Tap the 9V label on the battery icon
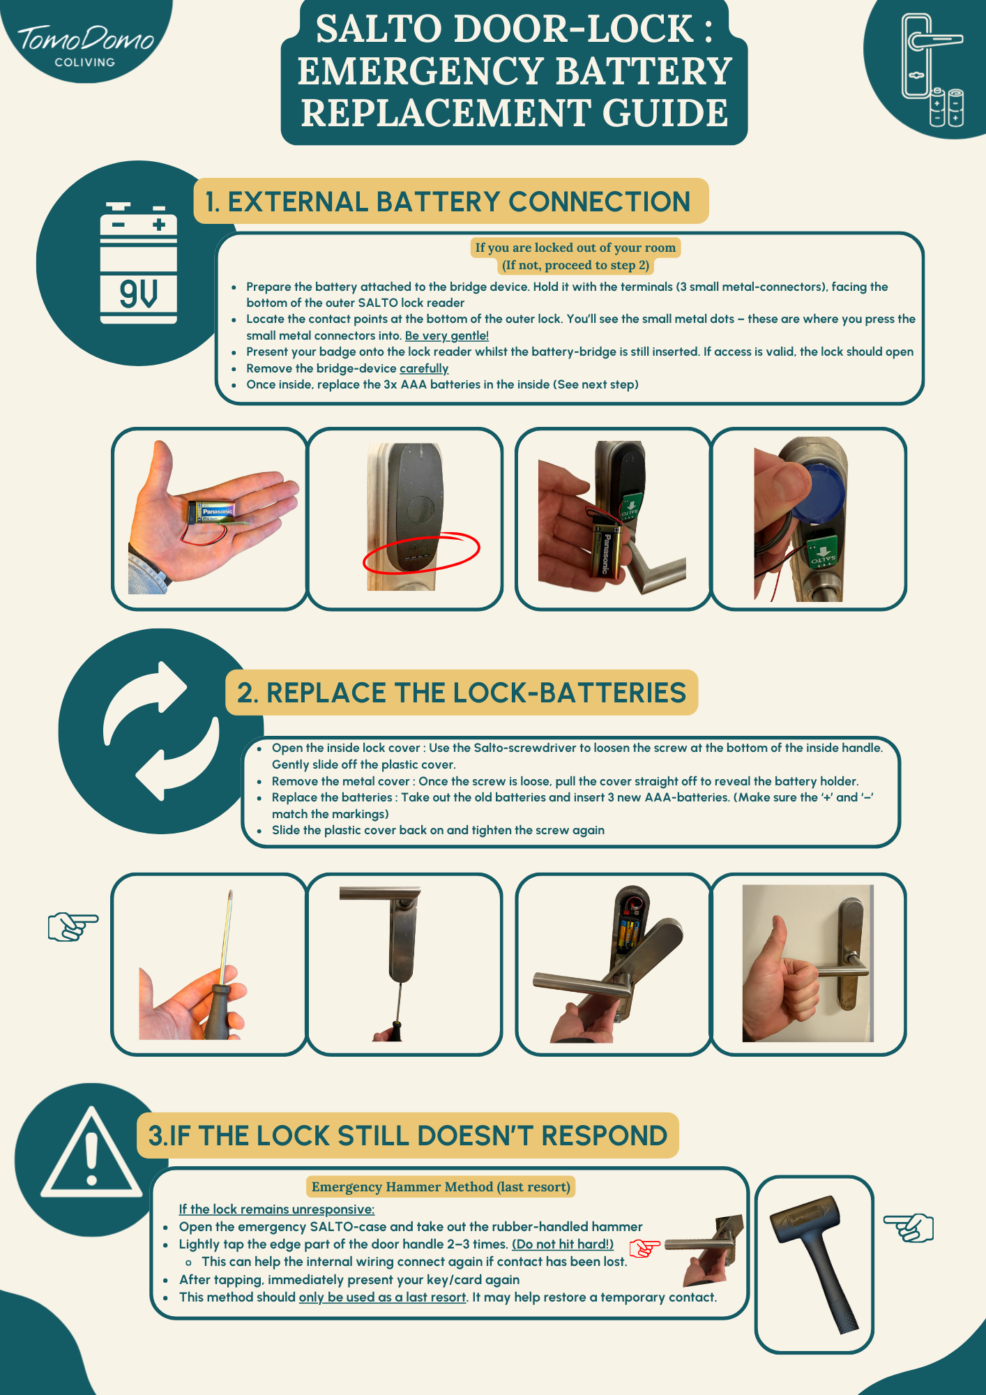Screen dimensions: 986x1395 click(x=138, y=294)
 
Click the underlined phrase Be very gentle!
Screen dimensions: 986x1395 click(x=447, y=335)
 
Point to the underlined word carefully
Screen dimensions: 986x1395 click(x=424, y=368)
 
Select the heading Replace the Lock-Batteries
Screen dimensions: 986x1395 click(x=462, y=693)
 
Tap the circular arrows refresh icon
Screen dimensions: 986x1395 click(x=161, y=730)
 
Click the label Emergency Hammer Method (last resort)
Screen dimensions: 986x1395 click(x=441, y=1186)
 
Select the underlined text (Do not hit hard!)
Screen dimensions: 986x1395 click(x=563, y=1244)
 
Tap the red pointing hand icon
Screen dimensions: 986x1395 click(x=644, y=1248)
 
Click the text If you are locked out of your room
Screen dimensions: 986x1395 click(x=575, y=247)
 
